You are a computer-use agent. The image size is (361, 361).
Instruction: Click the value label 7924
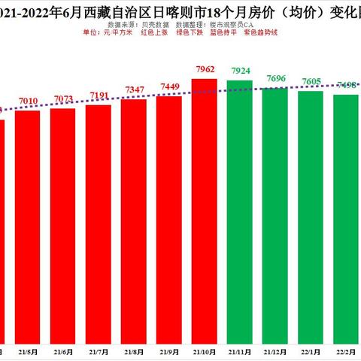(x=240, y=74)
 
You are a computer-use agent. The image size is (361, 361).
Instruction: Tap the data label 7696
(x=275, y=79)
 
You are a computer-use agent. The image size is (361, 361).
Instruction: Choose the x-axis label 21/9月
(x=169, y=351)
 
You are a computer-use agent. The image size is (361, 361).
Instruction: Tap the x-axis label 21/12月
(x=275, y=351)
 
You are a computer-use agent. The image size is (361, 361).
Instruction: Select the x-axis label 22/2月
(x=346, y=351)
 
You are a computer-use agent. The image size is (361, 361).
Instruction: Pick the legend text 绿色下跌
(x=188, y=32)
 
